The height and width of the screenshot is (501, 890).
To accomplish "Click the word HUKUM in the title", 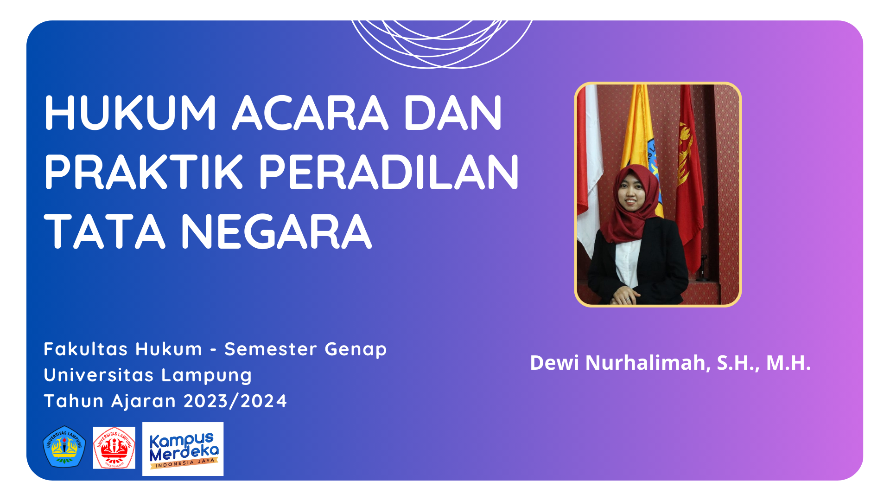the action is [130, 113].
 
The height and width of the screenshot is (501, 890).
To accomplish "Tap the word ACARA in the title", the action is [310, 113].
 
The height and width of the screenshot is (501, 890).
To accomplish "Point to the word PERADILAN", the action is [388, 172].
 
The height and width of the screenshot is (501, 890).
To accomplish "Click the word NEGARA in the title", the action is [276, 231].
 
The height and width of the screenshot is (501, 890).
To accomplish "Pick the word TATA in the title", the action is [105, 231].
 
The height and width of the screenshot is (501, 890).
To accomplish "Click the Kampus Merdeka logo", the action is [183, 449].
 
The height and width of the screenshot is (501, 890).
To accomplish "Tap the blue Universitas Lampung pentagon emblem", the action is [64, 447].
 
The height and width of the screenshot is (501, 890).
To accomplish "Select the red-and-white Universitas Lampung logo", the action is [114, 448].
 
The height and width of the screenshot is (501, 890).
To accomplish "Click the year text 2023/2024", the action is [235, 401].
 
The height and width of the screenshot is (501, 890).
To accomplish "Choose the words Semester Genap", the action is [305, 349].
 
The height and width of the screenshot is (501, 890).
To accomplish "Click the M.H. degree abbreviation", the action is [788, 363].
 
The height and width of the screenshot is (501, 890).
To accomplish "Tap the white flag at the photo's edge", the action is [588, 167].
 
